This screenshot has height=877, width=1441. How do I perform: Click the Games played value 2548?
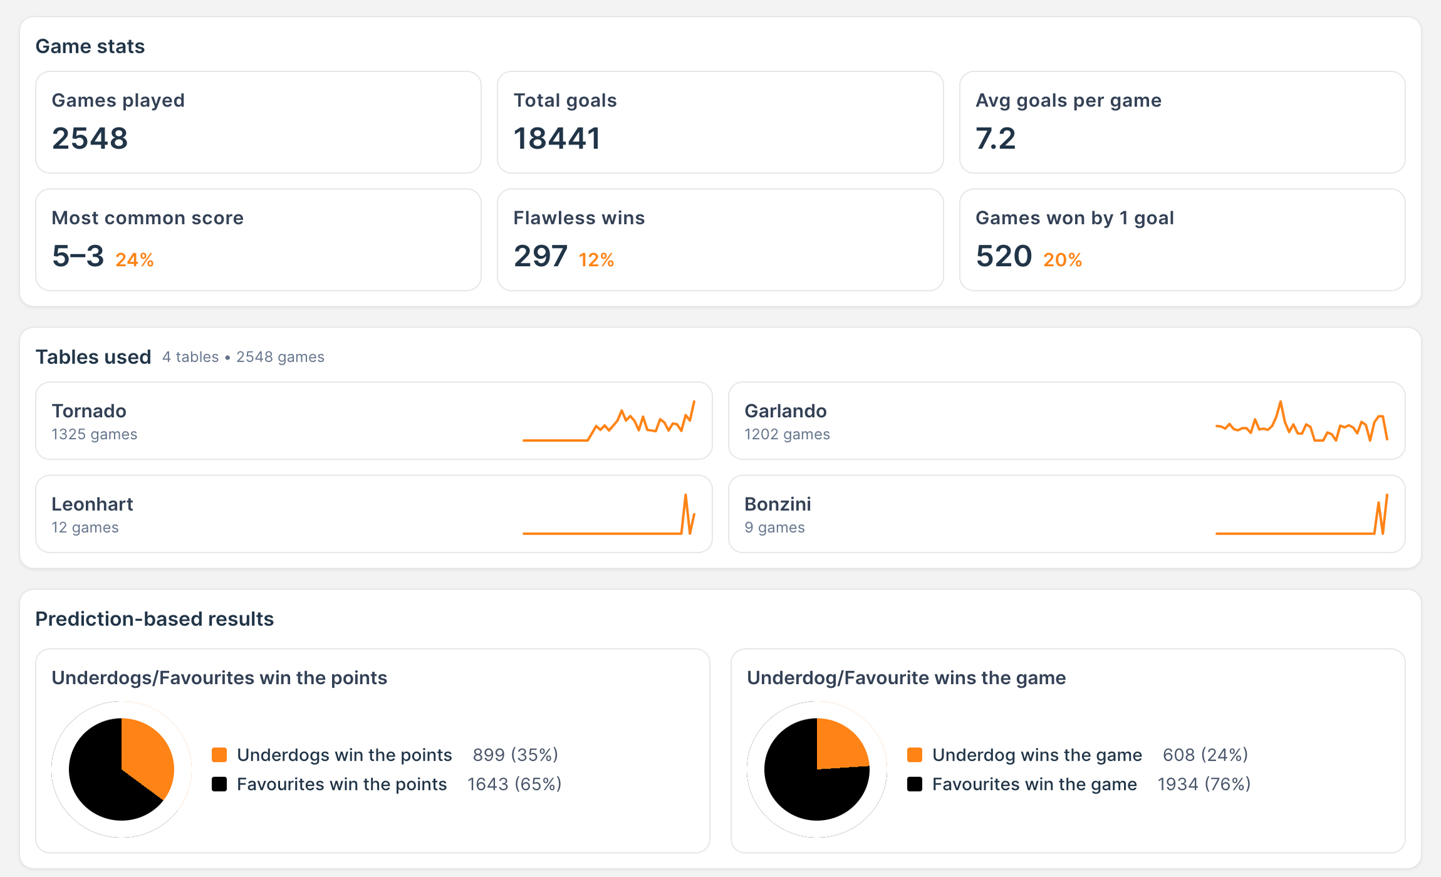point(90,138)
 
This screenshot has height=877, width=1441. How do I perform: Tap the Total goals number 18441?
point(557,138)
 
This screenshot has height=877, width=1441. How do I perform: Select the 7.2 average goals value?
point(996,138)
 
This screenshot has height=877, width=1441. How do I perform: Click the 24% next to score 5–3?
point(135,259)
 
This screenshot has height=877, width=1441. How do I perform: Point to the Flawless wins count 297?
point(540,256)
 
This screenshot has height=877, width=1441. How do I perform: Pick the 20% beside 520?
point(1063,259)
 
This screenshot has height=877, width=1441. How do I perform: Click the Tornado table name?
point(89,411)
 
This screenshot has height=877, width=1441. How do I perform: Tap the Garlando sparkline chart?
point(1301,422)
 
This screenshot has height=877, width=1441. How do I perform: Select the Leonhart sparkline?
point(609,515)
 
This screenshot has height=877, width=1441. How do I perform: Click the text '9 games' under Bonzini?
point(774,527)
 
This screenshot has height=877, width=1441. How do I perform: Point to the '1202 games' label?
point(787,434)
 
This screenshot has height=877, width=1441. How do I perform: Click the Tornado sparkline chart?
point(609,422)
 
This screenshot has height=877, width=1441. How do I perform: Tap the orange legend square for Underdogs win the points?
point(219,755)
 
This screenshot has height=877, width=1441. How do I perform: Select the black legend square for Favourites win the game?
point(915,784)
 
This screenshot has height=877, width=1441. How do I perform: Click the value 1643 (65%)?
point(514,784)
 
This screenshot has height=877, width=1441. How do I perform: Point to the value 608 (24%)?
point(1205,755)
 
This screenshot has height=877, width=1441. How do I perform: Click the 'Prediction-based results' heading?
point(155,619)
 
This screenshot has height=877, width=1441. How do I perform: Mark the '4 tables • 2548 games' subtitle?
point(243,357)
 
